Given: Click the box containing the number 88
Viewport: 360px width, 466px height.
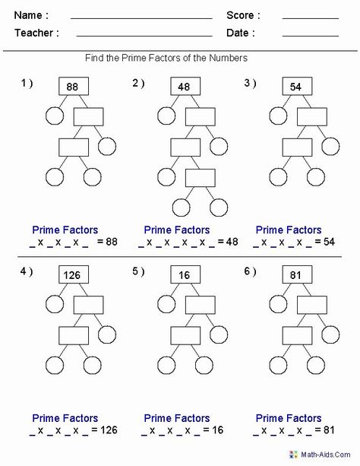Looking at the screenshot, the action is point(74,86).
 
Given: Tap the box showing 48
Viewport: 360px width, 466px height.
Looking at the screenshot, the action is point(185,86).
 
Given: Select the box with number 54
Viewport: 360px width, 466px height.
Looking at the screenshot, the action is point(297,86).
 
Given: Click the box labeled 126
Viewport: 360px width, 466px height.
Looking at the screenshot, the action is point(74,274).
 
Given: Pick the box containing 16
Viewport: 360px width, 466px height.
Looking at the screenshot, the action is point(185,274).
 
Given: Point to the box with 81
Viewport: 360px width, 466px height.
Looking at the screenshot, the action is point(297,274).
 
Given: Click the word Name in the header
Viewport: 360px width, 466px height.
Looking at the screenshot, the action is point(28,15).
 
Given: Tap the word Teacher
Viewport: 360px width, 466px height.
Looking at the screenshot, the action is point(34,33).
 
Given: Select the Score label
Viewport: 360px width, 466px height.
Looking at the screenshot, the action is point(240,15).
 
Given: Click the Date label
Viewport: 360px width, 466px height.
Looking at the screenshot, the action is point(237,33).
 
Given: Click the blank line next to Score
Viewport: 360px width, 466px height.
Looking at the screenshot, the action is point(311,19).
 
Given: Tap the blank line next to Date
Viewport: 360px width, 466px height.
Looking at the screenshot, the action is point(311,36).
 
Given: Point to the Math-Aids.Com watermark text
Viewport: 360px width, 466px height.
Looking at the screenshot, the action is point(326,455).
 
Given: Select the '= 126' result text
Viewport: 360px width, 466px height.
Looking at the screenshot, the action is point(104,430).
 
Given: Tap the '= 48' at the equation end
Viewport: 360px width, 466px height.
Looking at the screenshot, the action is point(228,242).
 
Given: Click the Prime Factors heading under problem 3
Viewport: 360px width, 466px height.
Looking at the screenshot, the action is point(289,230).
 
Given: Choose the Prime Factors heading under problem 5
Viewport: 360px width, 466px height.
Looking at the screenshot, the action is point(177,418).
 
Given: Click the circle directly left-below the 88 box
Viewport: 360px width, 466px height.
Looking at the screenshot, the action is point(55,116).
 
